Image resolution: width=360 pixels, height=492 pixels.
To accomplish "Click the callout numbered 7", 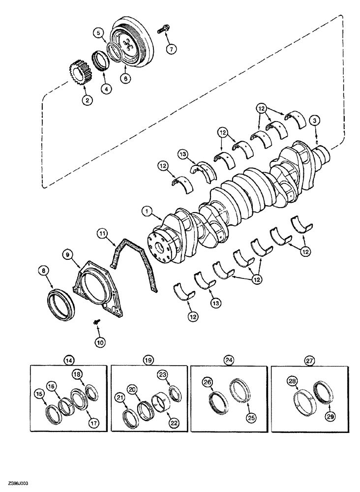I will tap(172, 49).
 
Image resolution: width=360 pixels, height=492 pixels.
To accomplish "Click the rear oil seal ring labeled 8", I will tap(63, 300).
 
